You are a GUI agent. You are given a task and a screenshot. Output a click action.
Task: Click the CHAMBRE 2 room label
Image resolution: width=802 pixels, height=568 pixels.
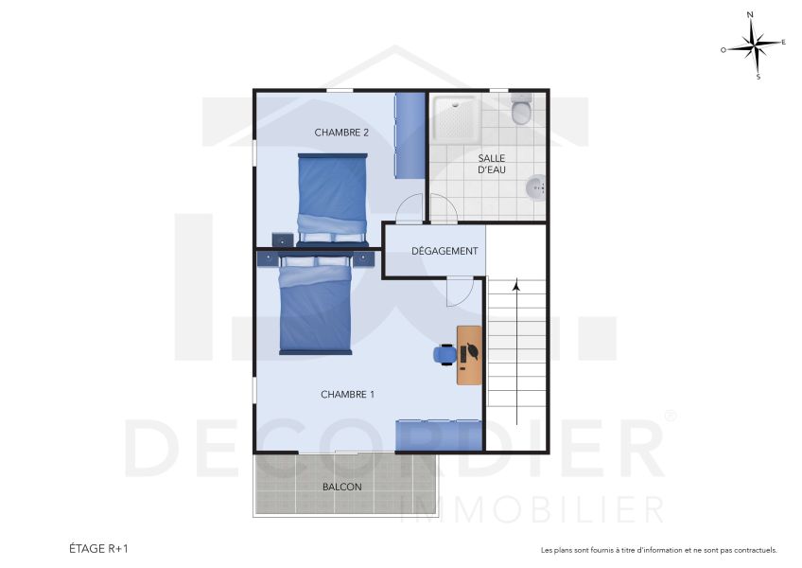point(341,133)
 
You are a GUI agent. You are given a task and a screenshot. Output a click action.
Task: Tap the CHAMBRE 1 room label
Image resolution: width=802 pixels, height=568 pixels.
point(347,395)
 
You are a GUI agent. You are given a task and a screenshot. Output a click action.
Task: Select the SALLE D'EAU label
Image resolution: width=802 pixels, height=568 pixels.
point(491,164)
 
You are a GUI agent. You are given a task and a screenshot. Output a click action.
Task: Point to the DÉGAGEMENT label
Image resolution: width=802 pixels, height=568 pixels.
point(445,251)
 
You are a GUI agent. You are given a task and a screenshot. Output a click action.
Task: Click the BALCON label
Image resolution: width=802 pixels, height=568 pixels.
point(341,487)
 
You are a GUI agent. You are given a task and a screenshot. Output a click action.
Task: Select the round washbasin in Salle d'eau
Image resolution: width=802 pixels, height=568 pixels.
point(536,186)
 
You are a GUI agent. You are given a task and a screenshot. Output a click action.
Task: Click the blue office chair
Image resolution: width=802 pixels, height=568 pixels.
point(445,354)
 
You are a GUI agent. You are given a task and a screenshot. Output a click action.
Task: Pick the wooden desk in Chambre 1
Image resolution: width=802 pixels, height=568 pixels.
point(469,355)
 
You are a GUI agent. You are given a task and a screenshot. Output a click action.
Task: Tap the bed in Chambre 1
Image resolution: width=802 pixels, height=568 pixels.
point(314,305)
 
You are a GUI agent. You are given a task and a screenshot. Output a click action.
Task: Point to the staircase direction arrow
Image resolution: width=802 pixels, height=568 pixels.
point(516,350)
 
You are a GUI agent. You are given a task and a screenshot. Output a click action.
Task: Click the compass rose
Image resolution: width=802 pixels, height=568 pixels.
point(754,44)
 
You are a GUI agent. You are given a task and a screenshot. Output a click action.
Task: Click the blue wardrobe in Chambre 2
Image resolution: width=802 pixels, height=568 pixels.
point(410,135)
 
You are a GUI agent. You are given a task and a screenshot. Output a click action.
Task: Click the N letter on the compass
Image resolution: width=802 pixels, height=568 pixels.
point(750,15)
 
